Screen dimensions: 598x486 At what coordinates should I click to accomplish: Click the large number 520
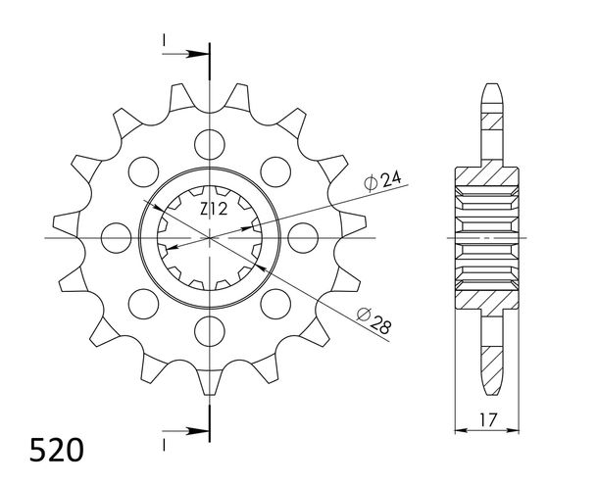(x=57, y=450)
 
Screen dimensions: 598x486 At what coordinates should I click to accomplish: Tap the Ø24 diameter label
(x=382, y=180)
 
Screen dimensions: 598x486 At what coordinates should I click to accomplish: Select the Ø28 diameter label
(x=374, y=321)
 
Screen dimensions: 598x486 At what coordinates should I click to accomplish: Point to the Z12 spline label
(x=214, y=209)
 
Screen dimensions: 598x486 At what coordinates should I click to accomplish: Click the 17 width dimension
(x=488, y=419)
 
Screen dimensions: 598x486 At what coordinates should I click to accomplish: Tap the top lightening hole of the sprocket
(x=210, y=144)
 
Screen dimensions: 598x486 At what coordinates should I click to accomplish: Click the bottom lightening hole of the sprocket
(x=210, y=331)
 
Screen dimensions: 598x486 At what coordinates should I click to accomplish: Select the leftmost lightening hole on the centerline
(x=117, y=238)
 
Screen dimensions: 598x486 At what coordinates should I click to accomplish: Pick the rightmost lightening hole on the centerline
(x=303, y=238)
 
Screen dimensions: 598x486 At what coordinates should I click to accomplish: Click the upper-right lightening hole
(x=275, y=171)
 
